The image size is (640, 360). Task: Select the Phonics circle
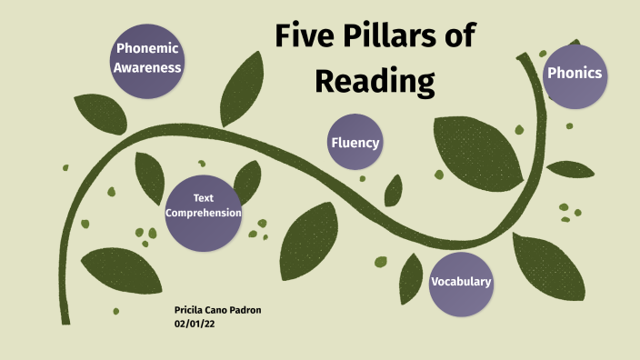point(575,73)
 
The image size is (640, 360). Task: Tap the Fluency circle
point(355,143)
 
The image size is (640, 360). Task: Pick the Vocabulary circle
point(461,282)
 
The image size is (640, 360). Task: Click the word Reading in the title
point(375,80)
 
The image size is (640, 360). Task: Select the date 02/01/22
point(195,323)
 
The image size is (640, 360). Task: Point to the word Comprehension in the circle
point(203,213)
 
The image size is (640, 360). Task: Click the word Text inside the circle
point(203,198)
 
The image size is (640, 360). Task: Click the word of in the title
point(461,38)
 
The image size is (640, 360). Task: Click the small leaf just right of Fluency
point(394,189)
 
